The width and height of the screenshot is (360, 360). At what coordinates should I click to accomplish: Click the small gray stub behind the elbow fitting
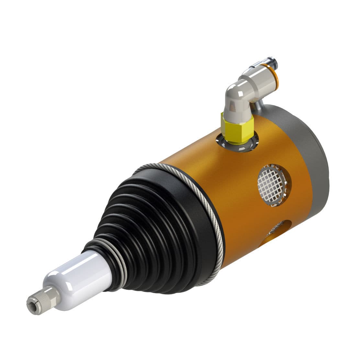259,105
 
